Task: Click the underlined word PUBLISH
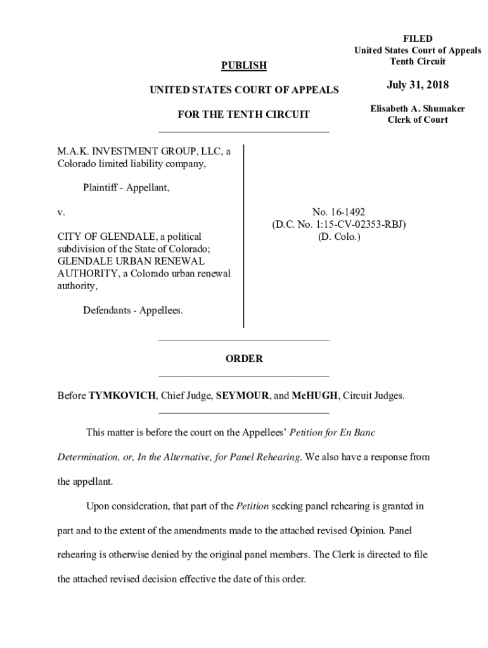tap(243, 66)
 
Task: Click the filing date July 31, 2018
tap(418, 85)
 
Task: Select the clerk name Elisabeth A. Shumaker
tap(418, 109)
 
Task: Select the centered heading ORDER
tap(244, 359)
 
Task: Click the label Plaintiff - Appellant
tap(126, 188)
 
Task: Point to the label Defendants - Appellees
tap(132, 310)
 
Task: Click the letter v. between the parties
tap(61, 212)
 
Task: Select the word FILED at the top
tap(418, 39)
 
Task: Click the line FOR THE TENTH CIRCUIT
tap(244, 115)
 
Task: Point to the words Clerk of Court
tap(418, 120)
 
